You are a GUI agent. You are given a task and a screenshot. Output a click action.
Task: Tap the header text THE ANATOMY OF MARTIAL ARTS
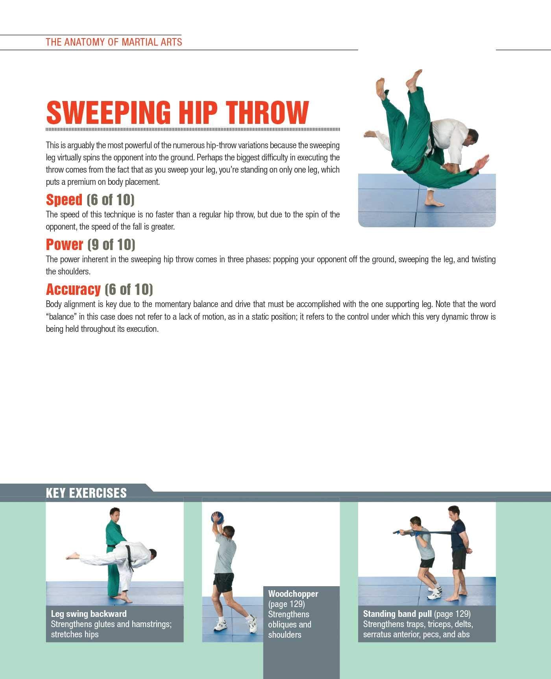coord(114,42)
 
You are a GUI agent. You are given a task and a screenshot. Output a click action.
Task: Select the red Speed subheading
coord(64,200)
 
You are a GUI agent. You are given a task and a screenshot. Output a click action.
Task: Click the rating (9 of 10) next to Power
coord(111,245)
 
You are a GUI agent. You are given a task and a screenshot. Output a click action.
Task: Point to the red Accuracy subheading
coord(73,289)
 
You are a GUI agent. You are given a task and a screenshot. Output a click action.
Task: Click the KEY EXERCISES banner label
coord(86,493)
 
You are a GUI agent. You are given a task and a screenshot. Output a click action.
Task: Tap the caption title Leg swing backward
coord(89,614)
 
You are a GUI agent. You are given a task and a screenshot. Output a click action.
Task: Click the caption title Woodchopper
coord(293,594)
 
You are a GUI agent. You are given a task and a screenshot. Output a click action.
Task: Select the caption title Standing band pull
coord(397,614)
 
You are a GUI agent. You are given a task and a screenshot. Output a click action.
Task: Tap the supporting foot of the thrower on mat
coord(435,203)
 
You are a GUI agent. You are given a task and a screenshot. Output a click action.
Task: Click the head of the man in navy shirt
coord(454,512)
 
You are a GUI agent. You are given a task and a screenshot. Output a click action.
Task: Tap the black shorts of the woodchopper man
coord(223,583)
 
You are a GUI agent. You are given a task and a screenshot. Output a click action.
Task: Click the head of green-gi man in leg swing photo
coord(115,513)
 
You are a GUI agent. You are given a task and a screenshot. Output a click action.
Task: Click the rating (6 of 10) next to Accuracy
coord(129,289)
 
